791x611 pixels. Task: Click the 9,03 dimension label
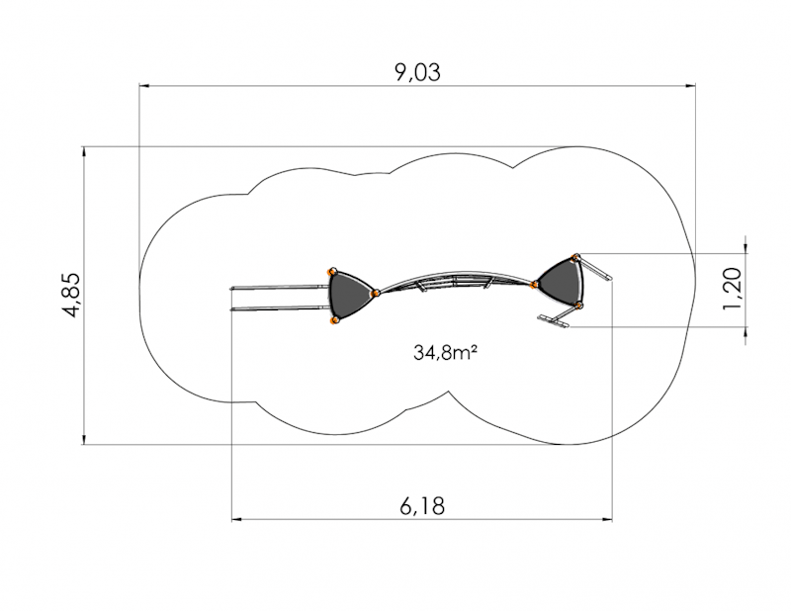(x=417, y=72)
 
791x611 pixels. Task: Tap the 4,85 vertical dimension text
(x=71, y=296)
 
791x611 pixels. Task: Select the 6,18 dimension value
(x=422, y=505)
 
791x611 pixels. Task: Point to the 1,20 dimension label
(x=732, y=289)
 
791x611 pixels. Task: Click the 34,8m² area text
(x=446, y=352)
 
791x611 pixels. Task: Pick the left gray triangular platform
(x=349, y=296)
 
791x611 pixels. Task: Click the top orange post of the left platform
(x=332, y=272)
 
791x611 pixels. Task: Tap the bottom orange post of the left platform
(x=333, y=320)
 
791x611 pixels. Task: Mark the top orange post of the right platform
(x=575, y=258)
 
